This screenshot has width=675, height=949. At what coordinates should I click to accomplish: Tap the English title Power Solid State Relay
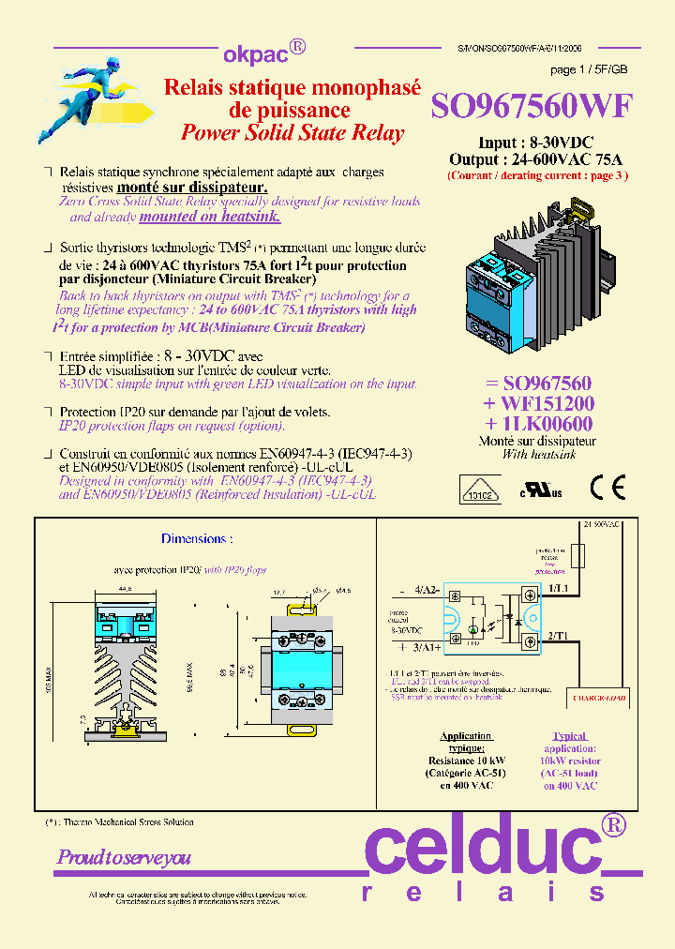click(292, 133)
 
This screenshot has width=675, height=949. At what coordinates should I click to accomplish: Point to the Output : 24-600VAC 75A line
click(536, 159)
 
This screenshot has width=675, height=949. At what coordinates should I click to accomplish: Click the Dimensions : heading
click(196, 539)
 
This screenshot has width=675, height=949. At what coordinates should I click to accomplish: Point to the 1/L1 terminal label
click(559, 587)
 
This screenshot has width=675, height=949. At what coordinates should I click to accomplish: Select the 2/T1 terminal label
click(559, 636)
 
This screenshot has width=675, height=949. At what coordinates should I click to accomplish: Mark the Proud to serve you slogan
click(124, 857)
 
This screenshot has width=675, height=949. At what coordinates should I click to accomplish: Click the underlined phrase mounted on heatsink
click(210, 217)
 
